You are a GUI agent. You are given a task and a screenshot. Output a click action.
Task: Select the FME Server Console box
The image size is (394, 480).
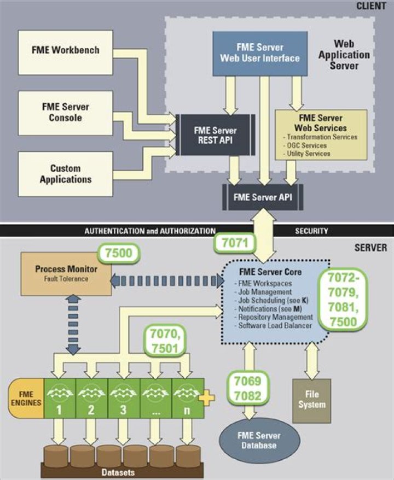(x=65, y=113)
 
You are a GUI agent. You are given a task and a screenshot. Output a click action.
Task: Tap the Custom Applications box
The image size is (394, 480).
(x=65, y=174)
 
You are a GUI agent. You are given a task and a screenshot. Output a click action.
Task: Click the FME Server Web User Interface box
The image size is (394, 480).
(x=268, y=52)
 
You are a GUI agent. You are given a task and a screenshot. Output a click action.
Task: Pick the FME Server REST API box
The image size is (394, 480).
(x=215, y=134)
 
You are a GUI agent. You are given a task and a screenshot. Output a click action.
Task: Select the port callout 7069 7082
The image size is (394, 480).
(x=247, y=388)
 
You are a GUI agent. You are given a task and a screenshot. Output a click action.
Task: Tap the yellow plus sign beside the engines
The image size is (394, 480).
(x=206, y=397)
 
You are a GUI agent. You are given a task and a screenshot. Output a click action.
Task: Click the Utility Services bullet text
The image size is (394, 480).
(x=308, y=154)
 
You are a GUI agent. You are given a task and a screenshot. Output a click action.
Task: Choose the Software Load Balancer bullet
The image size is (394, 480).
(x=275, y=326)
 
